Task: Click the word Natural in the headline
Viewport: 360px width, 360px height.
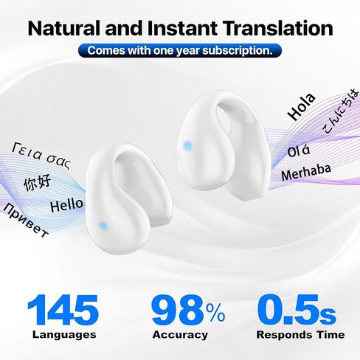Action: [63, 28]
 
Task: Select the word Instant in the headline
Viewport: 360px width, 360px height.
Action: [182, 28]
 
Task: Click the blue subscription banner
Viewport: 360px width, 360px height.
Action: [180, 51]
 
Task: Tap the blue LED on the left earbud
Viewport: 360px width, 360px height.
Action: [103, 226]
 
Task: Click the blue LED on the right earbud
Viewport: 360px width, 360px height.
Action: [188, 146]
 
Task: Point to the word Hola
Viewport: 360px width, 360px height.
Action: [302, 107]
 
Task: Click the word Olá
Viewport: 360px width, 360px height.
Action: [299, 151]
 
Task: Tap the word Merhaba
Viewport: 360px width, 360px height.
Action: [306, 172]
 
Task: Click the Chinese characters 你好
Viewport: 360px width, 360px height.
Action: [38, 182]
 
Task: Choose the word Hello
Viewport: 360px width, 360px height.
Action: [66, 205]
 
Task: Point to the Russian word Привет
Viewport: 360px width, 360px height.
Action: [26, 221]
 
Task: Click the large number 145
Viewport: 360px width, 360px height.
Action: [63, 310]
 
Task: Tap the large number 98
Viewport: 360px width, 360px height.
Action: [179, 310]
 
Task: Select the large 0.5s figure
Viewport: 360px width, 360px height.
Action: [297, 310]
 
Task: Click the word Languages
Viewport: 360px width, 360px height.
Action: [64, 335]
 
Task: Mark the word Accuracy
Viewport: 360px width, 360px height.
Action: [180, 335]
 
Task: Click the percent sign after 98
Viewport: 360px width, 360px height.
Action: [215, 313]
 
